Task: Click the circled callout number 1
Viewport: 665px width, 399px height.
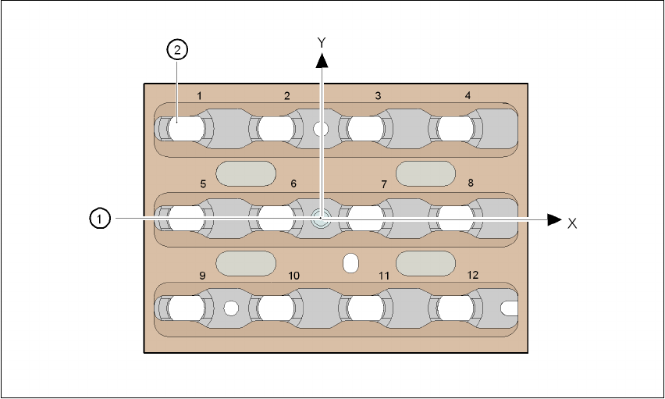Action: click(98, 219)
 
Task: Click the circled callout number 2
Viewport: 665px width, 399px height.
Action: click(178, 51)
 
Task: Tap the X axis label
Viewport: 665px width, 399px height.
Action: click(572, 223)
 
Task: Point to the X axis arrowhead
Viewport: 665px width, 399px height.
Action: click(554, 219)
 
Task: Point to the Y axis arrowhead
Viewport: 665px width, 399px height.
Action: click(321, 59)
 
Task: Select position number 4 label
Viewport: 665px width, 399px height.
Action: click(468, 96)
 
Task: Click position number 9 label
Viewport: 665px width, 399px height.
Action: click(202, 276)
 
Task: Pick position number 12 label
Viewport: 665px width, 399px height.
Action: click(472, 276)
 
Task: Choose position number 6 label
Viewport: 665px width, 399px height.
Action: click(293, 184)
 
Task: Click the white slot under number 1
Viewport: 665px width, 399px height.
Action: click(185, 127)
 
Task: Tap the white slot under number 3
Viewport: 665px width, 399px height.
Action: click(366, 127)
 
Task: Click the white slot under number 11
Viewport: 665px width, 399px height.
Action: click(366, 308)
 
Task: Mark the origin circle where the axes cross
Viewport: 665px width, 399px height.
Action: click(320, 219)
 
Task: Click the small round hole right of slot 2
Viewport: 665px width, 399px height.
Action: click(320, 128)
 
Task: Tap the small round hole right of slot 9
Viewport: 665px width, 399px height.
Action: click(229, 308)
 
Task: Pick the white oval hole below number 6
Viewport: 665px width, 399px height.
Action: click(350, 262)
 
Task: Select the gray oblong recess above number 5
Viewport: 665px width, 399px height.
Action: click(245, 173)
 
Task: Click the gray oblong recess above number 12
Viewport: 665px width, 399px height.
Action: click(425, 263)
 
